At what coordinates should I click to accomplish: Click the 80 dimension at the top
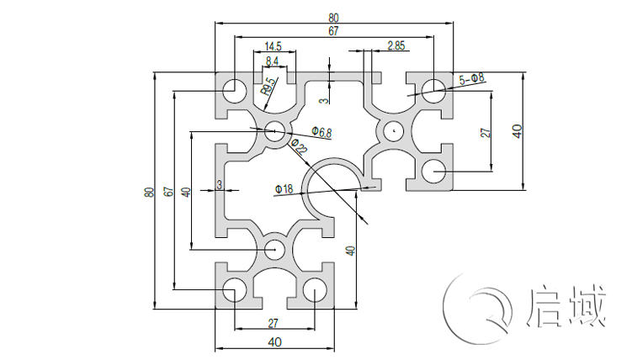(x=333, y=17)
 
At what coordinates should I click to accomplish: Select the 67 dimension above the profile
(x=333, y=31)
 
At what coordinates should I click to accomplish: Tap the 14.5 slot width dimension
(x=273, y=45)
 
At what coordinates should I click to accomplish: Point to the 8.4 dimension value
(x=273, y=61)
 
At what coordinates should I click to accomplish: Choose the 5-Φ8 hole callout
(x=471, y=79)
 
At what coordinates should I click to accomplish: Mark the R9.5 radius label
(x=268, y=86)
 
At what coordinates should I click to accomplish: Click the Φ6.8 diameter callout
(x=321, y=131)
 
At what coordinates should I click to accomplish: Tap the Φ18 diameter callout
(x=284, y=189)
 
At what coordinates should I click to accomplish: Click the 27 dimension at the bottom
(x=274, y=323)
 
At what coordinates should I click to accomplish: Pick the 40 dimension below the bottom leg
(x=274, y=341)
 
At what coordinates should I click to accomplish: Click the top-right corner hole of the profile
(x=433, y=88)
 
